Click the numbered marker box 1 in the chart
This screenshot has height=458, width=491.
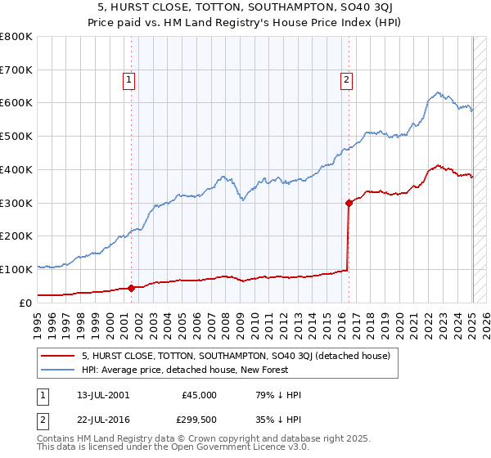(x=130, y=79)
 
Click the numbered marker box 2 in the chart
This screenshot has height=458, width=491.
(x=347, y=79)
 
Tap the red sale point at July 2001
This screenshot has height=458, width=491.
(x=132, y=287)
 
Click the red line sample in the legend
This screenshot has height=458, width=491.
(x=57, y=356)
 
